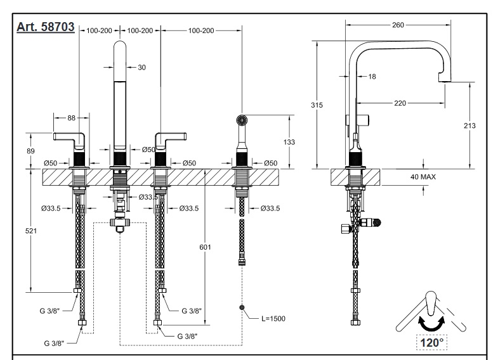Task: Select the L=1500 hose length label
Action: [x=273, y=318]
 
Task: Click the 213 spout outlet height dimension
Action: [x=470, y=125]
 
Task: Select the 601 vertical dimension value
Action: [x=204, y=247]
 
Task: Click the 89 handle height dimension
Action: [x=29, y=150]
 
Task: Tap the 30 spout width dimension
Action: [x=141, y=67]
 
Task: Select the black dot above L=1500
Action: [x=242, y=307]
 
